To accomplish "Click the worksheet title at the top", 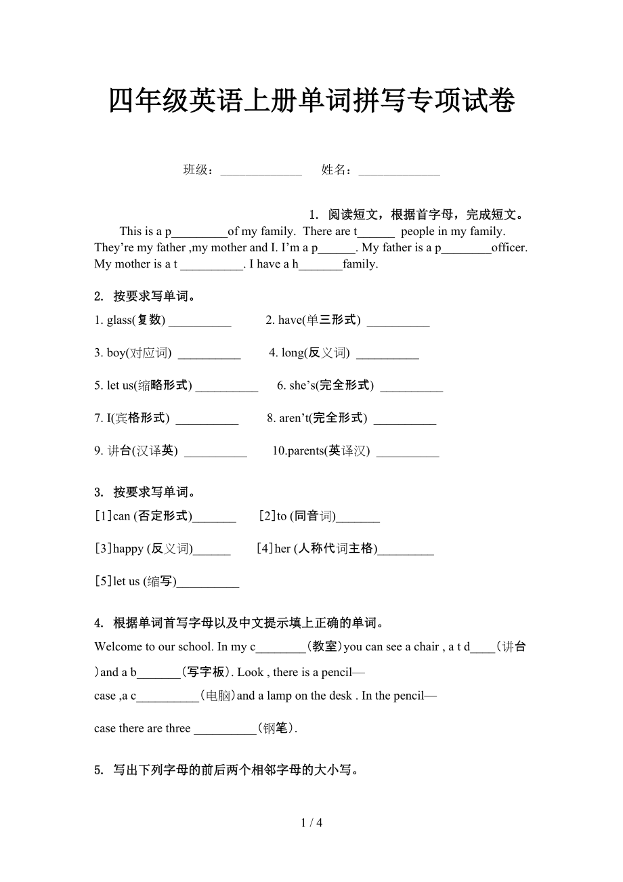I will [311, 101].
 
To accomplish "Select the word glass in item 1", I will [119, 320].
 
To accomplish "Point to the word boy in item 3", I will [116, 353].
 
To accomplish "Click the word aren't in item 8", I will [293, 418].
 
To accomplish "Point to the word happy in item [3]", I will [128, 549].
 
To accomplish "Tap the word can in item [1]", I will [121, 516].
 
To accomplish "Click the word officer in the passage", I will [509, 248].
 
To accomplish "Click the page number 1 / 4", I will [311, 823].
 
